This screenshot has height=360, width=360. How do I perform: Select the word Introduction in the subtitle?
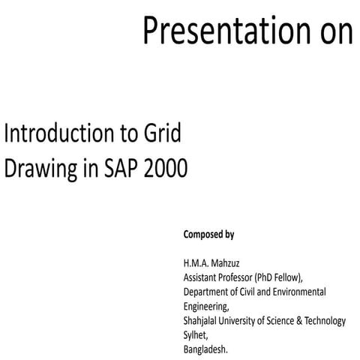click(59, 135)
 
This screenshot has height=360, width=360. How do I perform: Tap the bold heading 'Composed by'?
click(208, 235)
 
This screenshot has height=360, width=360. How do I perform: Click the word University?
click(244, 321)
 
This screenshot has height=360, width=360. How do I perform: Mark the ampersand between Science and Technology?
click(303, 321)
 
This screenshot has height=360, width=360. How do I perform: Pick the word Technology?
click(327, 321)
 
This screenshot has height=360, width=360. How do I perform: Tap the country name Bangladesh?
click(205, 349)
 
